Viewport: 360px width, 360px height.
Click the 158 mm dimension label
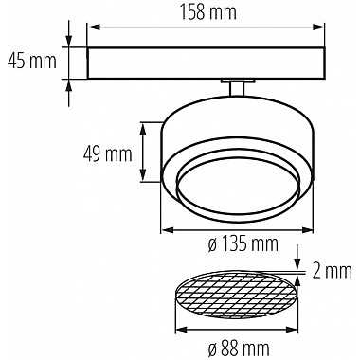pyautogui.click(x=208, y=12)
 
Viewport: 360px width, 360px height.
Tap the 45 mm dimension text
pyautogui.click(x=32, y=61)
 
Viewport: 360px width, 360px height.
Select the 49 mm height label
pyautogui.click(x=108, y=154)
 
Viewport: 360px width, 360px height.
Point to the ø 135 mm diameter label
pyautogui.click(x=243, y=243)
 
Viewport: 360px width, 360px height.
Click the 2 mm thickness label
pyautogui.click(x=333, y=271)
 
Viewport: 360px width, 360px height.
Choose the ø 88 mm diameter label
pyautogui.click(x=239, y=349)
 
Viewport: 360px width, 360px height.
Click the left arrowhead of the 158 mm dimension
pyautogui.click(x=94, y=27)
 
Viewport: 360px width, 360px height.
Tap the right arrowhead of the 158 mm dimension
pyautogui.click(x=318, y=27)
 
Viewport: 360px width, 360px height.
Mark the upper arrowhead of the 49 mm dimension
pyautogui.click(x=143, y=129)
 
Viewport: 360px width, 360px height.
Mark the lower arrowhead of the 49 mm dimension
pyautogui.click(x=143, y=175)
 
